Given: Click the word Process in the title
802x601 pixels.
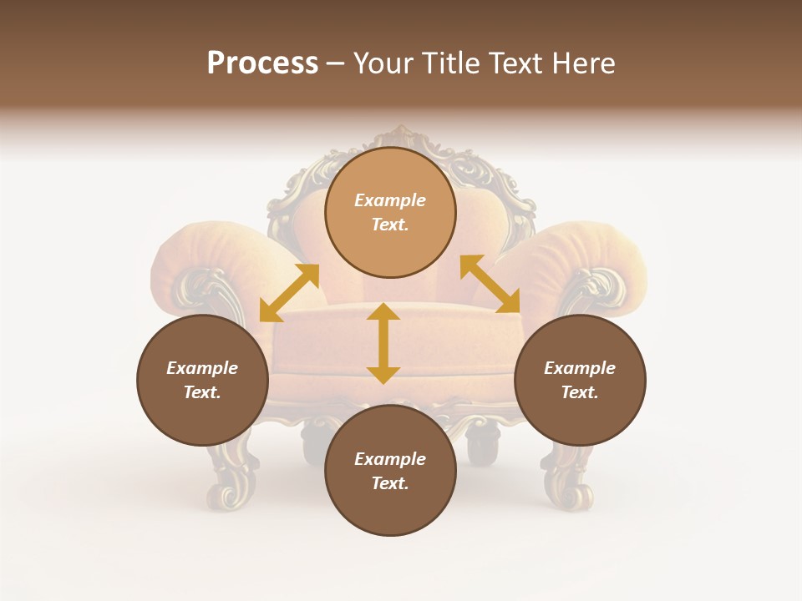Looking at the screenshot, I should click(x=262, y=63).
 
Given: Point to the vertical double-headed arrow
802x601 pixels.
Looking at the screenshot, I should click(x=383, y=343).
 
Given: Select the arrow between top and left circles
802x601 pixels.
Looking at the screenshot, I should click(x=289, y=293).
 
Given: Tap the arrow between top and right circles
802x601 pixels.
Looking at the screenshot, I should click(x=490, y=284).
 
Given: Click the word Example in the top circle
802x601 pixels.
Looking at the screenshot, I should click(x=390, y=200).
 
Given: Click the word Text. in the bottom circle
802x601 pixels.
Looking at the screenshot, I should click(x=390, y=483).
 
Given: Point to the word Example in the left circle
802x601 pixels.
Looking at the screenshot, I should click(x=202, y=368).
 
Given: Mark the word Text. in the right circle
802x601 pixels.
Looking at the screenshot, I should click(x=580, y=392).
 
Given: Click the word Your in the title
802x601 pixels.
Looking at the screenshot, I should click(x=386, y=63).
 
